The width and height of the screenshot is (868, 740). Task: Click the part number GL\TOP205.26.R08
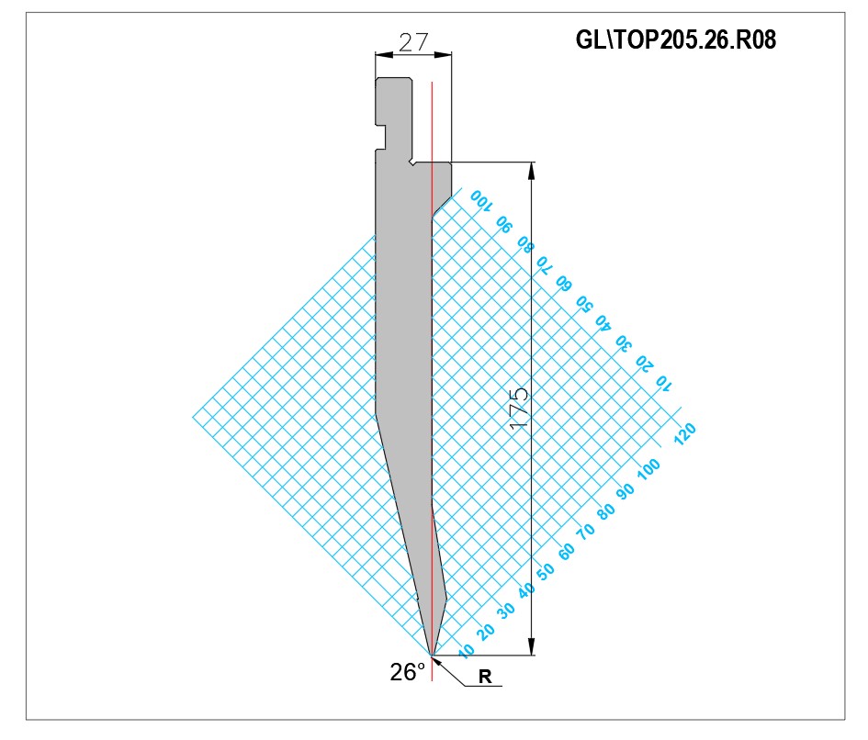[x=675, y=39]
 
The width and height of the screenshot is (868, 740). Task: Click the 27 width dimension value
[x=413, y=42]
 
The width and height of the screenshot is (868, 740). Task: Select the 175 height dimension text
[x=519, y=409]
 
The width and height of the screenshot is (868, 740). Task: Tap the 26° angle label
[x=408, y=672]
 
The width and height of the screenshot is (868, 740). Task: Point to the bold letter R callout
[x=485, y=677]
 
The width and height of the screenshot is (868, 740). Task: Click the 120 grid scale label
[x=685, y=434]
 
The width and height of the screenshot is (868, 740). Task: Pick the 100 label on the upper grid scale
[x=480, y=200]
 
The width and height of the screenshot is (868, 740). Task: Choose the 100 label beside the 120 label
[x=648, y=469]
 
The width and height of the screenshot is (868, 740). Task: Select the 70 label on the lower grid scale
[x=586, y=532]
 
